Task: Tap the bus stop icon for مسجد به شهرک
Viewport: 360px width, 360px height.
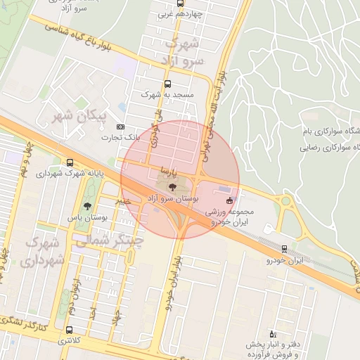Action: [167, 84]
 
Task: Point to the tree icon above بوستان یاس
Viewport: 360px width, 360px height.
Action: [87, 206]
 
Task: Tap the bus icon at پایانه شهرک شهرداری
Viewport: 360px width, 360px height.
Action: [69, 162]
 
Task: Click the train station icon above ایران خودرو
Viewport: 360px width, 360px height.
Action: [284, 249]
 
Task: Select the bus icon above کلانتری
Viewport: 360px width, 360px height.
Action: [68, 330]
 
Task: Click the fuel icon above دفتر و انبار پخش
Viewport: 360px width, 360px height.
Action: [274, 334]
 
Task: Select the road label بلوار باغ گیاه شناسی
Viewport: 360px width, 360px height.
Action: [82, 37]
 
